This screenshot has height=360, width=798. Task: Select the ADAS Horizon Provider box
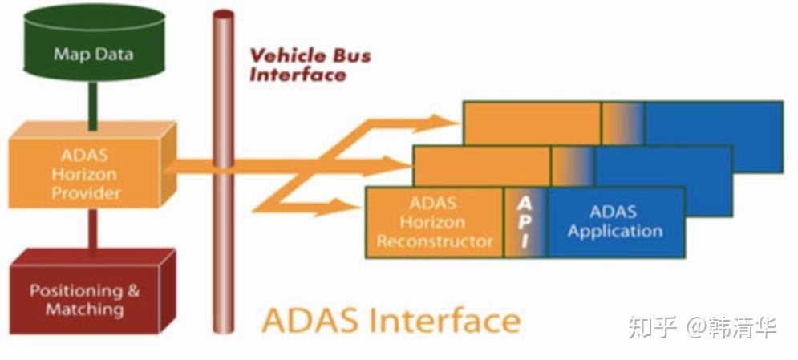click(x=90, y=173)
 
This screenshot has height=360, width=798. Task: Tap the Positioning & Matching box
click(x=84, y=300)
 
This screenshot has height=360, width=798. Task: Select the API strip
click(x=525, y=222)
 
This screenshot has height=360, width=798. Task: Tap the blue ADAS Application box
click(x=614, y=222)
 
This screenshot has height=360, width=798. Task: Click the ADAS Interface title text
click(x=391, y=320)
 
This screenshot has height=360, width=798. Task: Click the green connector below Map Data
click(x=92, y=106)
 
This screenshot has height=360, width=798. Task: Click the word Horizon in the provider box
click(x=88, y=173)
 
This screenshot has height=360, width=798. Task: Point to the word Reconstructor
click(x=435, y=241)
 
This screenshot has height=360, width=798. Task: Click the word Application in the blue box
click(x=614, y=232)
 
